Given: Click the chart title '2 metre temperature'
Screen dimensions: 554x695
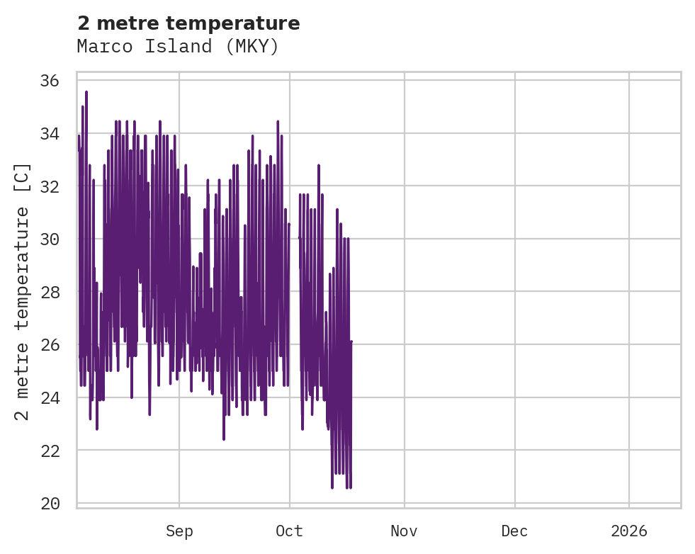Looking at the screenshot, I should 188,23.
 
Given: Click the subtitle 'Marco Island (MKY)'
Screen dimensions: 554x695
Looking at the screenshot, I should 178,47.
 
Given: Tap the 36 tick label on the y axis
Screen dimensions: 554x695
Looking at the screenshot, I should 49,80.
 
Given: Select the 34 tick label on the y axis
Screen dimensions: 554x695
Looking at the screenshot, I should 49,133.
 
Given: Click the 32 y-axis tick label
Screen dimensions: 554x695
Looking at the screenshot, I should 49,186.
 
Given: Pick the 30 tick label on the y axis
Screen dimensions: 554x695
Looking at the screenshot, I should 49,239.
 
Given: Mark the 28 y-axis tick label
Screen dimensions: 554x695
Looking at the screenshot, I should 49,292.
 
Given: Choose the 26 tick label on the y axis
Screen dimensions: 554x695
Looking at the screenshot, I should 49,345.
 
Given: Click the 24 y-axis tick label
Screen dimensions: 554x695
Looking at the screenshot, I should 49,397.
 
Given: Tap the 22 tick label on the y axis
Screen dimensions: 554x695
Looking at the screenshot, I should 49,451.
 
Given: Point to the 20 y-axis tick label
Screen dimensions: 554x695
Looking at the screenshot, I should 49,504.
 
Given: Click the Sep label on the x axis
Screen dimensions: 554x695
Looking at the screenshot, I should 179,531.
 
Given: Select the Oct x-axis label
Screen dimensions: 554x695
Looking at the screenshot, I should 290,531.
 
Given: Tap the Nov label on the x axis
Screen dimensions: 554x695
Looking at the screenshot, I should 404,531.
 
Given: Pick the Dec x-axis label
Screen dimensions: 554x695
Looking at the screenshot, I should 514,531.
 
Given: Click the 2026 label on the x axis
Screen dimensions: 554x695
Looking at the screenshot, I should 629,531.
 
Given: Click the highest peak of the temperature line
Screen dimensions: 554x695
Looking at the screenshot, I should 86,92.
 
